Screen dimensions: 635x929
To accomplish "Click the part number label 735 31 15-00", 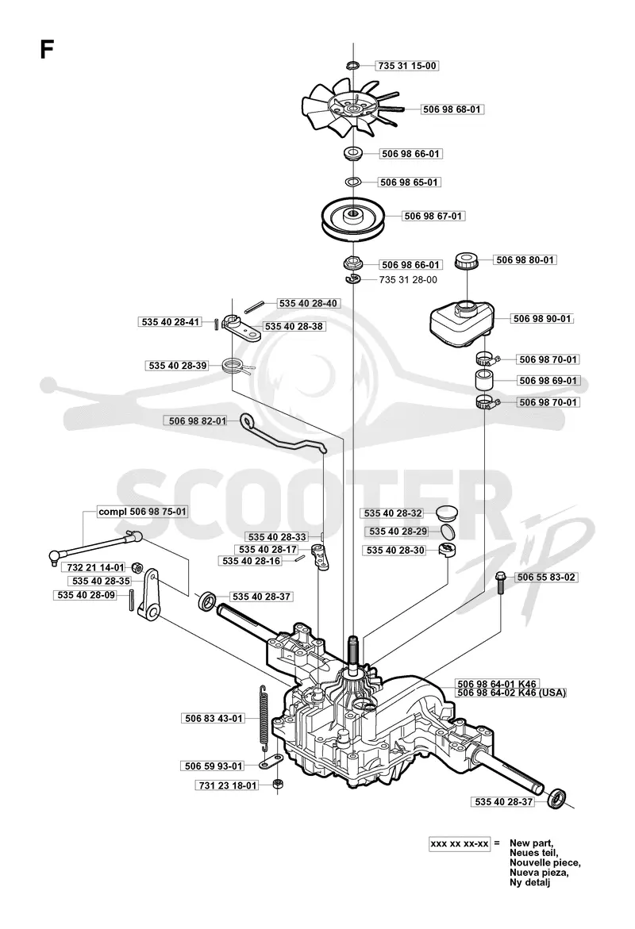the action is [x=406, y=66].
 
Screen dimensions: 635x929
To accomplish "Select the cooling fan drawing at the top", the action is [x=353, y=107].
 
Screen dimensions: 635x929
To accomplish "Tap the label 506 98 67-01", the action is [x=433, y=217].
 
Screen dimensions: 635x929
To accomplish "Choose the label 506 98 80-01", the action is [x=525, y=260].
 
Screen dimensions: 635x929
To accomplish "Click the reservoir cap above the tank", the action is [x=466, y=260].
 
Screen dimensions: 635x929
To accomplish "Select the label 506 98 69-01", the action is [x=548, y=381].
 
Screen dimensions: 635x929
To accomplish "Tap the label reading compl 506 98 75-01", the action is [x=142, y=512].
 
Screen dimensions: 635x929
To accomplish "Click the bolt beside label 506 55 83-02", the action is [x=501, y=582].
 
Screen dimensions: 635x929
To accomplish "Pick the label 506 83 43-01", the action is [x=214, y=719].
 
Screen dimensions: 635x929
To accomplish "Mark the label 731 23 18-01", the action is [x=228, y=785].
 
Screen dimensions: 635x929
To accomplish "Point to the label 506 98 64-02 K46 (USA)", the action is [x=511, y=693].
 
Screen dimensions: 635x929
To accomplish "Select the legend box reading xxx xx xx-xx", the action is [x=460, y=843].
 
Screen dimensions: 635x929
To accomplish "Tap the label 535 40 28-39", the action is [x=178, y=367].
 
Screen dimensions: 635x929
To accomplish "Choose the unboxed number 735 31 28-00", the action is [x=408, y=279].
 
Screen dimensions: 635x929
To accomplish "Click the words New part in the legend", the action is [x=531, y=843].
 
